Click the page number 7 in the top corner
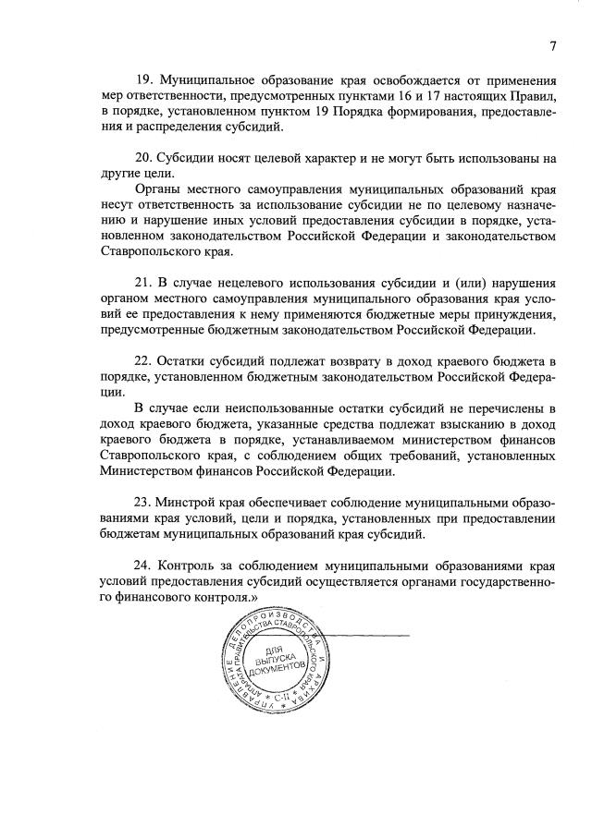(x=552, y=47)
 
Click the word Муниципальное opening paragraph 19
(x=205, y=80)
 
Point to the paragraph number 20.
(x=142, y=157)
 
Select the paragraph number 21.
(x=142, y=282)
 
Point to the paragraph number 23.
(x=142, y=502)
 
